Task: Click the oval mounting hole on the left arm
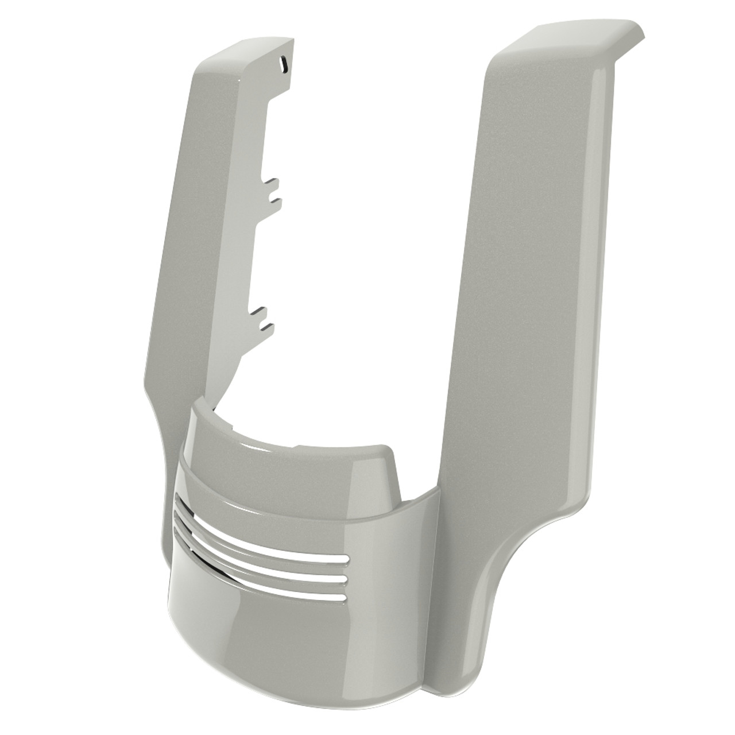[283, 64]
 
